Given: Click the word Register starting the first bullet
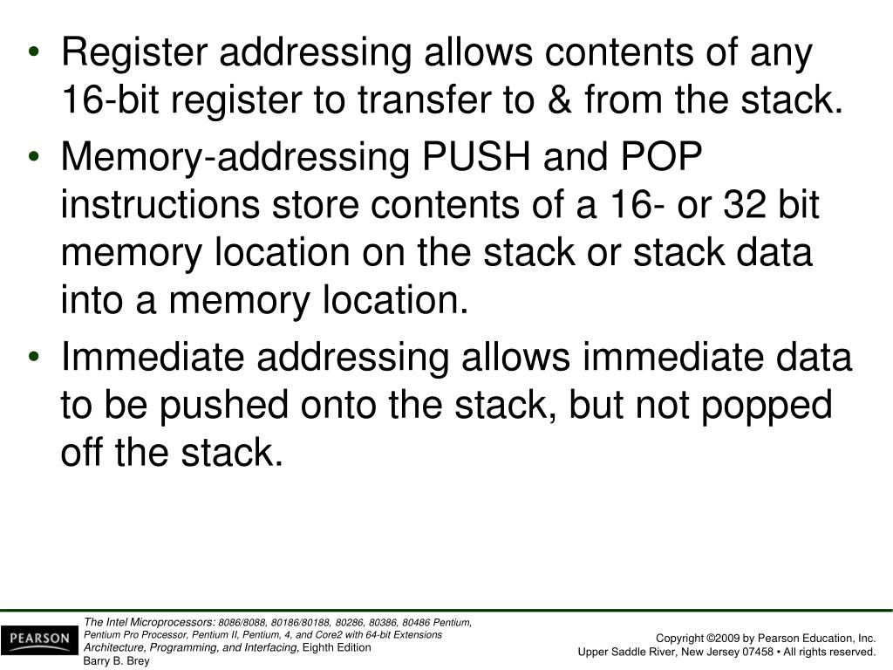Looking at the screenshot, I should tap(133, 54).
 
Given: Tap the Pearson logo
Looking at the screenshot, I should tap(38, 639).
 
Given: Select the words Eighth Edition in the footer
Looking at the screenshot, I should tap(336, 647).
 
